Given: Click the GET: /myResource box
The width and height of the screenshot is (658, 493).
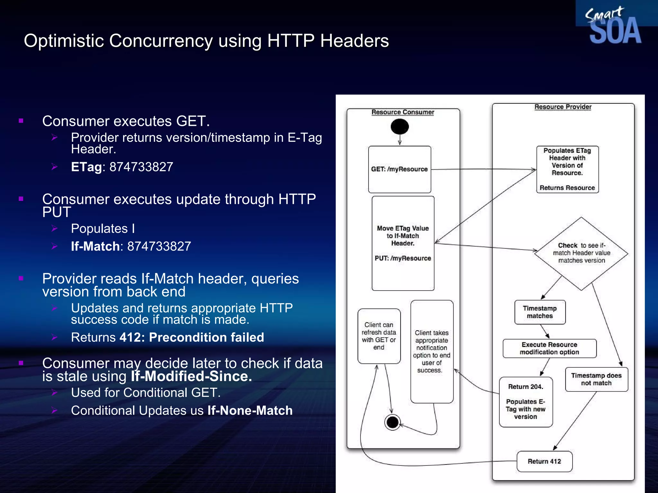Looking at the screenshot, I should pos(399,169).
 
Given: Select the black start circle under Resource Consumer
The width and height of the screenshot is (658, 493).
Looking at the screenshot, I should pos(400,126).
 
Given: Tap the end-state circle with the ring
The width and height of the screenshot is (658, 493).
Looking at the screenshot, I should pos(392,422).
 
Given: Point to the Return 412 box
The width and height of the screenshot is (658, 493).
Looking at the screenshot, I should pos(544,461).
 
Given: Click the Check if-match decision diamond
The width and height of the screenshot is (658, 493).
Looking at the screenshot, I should pos(581,253).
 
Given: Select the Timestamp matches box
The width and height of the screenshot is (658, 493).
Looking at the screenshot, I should pos(540,312).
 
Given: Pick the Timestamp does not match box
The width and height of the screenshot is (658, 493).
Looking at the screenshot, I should pos(596,379).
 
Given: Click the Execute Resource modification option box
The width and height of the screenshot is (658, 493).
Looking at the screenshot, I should pos(549,348).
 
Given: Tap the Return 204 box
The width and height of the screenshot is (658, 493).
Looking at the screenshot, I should pos(526,402).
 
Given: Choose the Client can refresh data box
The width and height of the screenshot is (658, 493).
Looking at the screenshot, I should pos(379,336).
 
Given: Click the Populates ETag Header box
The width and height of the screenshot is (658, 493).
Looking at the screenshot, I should pos(567,169).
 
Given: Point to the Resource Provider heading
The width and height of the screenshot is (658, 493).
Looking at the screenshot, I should pos(563,107).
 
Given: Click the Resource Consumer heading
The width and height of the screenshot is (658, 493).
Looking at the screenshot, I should pos(403,112).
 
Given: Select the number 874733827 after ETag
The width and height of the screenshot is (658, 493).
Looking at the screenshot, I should pos(141,167).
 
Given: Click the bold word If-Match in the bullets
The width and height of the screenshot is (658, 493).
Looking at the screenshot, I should pos(95,246).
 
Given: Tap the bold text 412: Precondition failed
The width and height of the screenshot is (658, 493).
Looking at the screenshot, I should pos(192,337).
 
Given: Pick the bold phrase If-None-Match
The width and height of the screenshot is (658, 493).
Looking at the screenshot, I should pos(250,411).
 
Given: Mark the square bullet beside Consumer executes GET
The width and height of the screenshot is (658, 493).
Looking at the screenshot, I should pos(21,121).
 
